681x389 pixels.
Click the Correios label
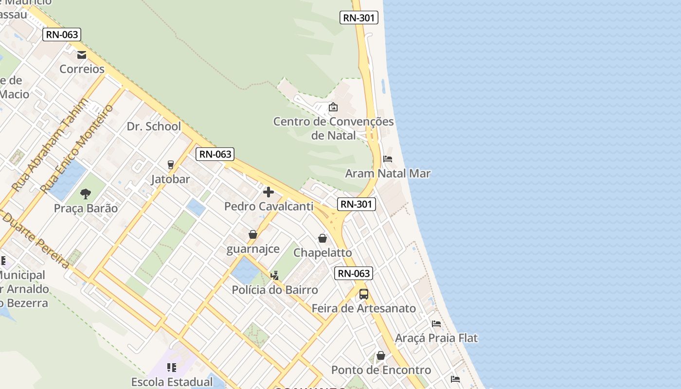coord(82,69)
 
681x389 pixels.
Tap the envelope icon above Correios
coord(82,55)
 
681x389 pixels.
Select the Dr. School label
coord(154,126)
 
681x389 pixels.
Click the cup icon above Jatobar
coord(170,165)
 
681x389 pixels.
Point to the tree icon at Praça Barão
coord(86,194)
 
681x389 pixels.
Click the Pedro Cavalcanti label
coord(269,207)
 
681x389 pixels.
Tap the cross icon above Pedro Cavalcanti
coord(268,192)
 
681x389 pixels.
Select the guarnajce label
coord(253,249)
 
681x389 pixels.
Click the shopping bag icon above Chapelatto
coord(322,238)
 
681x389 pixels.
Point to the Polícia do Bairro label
coord(275,290)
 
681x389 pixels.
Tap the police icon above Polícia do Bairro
coord(274,276)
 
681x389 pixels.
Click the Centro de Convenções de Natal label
coord(333,128)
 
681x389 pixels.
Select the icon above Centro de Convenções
coord(333,107)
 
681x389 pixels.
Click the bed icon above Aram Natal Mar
coord(388,159)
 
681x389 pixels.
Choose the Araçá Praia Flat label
coord(436,338)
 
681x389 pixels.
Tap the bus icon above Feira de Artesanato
coord(363,294)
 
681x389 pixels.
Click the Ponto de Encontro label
coord(381,370)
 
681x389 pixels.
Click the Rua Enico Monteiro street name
coord(77,148)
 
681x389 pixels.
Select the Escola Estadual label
coord(172,382)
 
